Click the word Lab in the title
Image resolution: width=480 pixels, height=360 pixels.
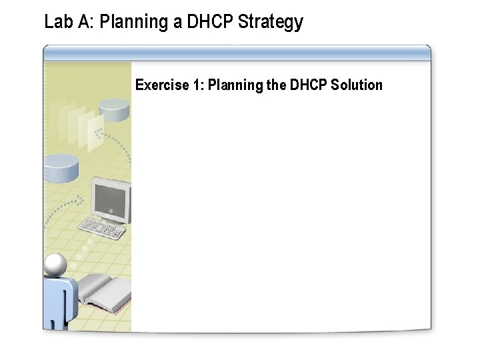pos(56,22)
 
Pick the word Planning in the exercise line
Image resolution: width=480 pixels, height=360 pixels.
pos(235,85)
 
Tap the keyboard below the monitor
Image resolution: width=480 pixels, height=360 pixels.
pos(101,229)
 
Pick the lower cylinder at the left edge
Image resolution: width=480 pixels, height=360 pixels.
pos(61,168)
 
